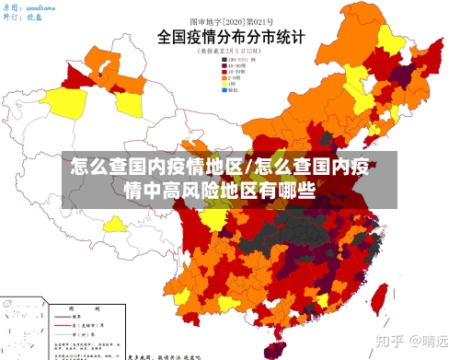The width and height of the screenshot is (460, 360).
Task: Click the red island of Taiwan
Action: point(377,296)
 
